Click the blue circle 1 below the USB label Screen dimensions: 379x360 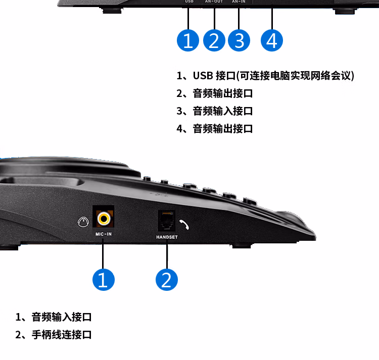coord(188,40)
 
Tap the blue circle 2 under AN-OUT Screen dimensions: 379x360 coord(214,40)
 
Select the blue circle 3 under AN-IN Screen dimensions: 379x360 coord(239,40)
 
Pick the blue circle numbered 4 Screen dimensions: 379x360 coord(272,40)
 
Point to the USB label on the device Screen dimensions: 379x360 coord(189,2)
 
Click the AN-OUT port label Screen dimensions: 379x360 coord(214,2)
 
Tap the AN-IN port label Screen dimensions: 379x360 coord(239,2)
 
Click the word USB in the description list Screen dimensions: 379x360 coord(203,76)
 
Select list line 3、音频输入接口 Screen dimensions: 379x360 coord(214,111)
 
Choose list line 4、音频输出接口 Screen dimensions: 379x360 coord(214,128)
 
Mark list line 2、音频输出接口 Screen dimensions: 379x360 coord(214,93)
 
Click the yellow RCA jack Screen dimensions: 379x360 coord(104,218)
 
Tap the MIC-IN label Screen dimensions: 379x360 coord(104,235)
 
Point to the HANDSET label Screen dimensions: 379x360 coord(167,236)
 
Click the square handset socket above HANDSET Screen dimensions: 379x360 coord(166,221)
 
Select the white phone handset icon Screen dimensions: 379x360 coord(184,224)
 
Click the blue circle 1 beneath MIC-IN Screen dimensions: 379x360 coord(103,279)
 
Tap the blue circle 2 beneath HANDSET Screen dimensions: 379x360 coord(167,279)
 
